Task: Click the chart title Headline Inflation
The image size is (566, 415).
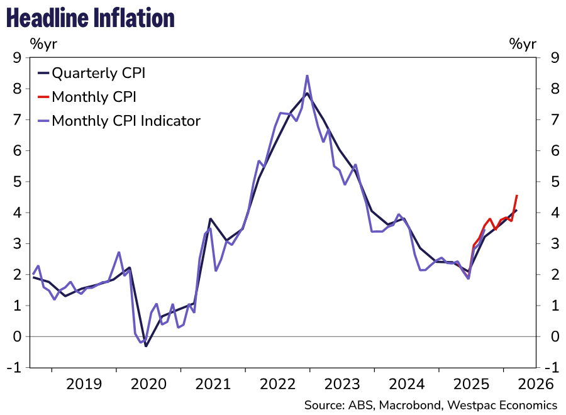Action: click(90, 18)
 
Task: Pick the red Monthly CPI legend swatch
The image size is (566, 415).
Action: click(43, 97)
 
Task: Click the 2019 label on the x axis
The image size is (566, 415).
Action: click(84, 383)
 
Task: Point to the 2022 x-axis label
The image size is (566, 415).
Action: click(277, 383)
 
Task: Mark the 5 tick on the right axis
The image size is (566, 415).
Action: click(554, 182)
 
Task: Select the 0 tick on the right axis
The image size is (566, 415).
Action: click(554, 337)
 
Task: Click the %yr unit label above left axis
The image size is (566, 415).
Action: click(43, 43)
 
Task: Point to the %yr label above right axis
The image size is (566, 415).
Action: click(523, 43)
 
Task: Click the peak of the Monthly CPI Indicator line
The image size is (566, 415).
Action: click(307, 76)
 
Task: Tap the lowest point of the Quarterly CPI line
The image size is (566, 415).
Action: click(146, 346)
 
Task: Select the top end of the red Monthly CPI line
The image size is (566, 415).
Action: click(516, 196)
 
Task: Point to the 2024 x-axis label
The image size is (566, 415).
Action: click(406, 383)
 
